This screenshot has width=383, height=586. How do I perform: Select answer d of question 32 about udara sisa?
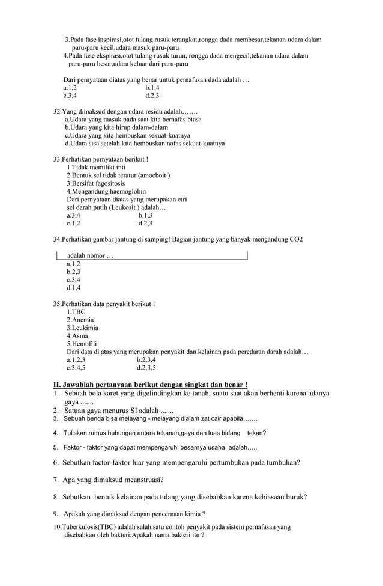(x=145, y=144)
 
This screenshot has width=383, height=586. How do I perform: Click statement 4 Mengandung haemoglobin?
(x=106, y=191)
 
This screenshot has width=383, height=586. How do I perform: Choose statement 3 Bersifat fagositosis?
(x=96, y=183)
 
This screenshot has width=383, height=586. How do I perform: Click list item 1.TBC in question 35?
(x=76, y=313)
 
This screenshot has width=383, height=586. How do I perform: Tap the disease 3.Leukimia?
(x=83, y=328)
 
